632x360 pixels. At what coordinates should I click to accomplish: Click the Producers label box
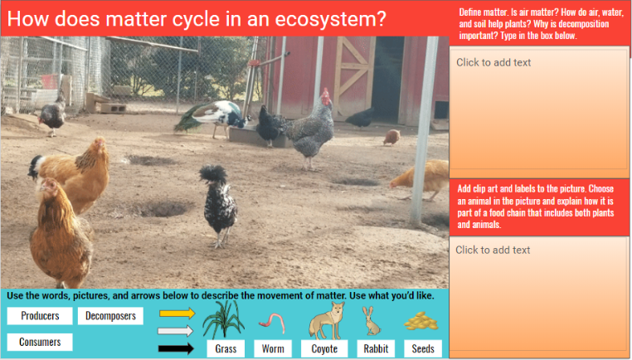40,316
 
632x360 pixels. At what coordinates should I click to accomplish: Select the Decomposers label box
110,316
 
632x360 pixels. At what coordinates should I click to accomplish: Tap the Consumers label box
40,342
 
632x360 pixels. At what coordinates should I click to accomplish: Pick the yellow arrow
177,314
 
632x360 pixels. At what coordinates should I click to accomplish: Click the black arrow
177,348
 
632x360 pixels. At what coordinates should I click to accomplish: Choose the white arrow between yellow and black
177,331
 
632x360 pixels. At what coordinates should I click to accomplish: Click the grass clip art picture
223,319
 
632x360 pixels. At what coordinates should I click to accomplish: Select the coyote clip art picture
325,319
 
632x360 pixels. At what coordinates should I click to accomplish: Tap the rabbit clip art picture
372,320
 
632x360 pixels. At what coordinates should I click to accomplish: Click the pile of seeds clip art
421,321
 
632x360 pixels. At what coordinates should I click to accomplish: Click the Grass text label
226,349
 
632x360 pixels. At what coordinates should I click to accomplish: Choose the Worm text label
273,349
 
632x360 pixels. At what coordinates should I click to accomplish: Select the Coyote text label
324,349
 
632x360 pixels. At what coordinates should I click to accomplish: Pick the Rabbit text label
375,349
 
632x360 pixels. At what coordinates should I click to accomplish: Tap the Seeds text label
423,349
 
